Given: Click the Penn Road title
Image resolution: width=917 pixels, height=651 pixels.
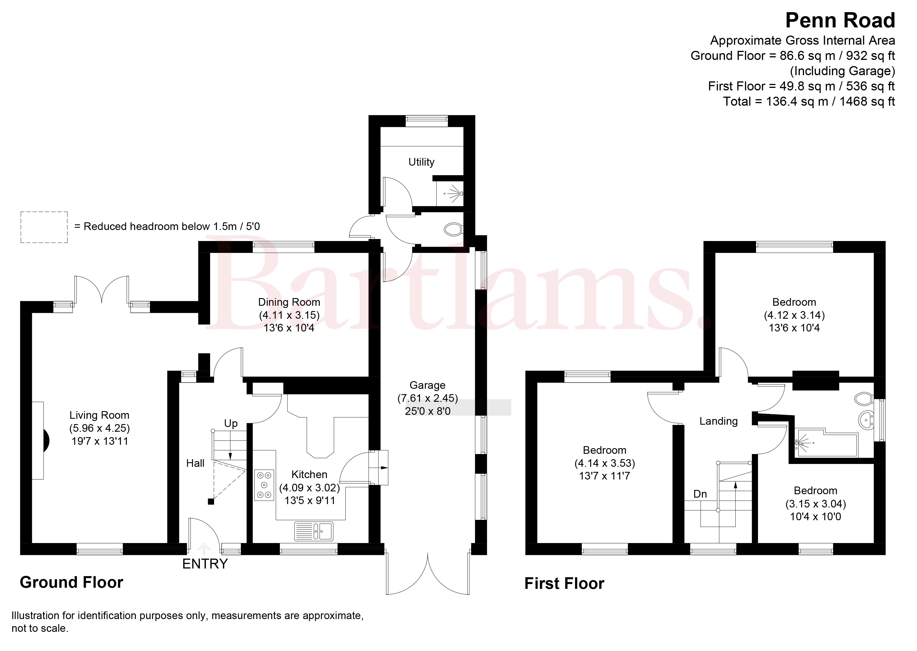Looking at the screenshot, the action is click(x=840, y=20).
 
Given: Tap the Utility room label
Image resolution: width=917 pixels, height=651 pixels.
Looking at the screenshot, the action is click(x=421, y=162).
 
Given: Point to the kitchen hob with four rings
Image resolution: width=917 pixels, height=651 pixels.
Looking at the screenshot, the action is click(x=264, y=485).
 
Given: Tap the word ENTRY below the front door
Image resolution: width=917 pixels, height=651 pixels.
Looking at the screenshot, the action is click(x=205, y=564).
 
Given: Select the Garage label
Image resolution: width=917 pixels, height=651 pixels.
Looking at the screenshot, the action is click(x=428, y=385).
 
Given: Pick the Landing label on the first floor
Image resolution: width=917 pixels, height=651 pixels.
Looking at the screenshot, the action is click(x=718, y=421).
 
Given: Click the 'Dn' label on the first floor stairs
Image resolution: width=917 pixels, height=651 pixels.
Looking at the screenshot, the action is click(x=700, y=494).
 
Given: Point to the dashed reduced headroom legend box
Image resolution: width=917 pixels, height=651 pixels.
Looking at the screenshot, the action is click(x=44, y=227).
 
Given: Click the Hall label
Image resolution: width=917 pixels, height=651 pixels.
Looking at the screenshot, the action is click(x=195, y=463).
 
